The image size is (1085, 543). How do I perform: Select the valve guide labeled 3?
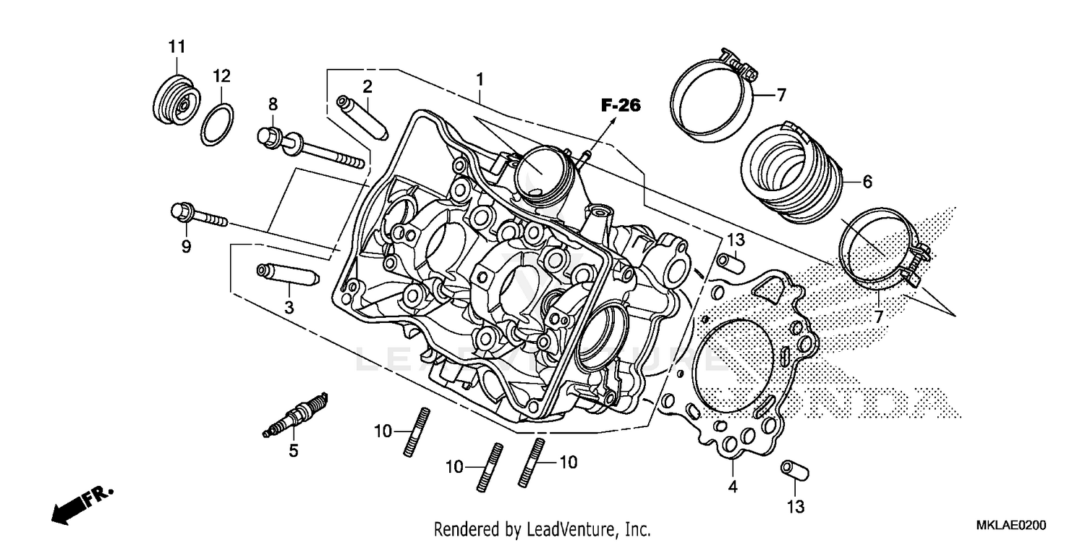pyautogui.click(x=287, y=275)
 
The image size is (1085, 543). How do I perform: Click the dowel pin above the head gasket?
pyautogui.click(x=731, y=261)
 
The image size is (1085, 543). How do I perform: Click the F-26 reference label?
pyautogui.click(x=620, y=106)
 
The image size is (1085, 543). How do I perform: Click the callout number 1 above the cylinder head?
pyautogui.click(x=480, y=77)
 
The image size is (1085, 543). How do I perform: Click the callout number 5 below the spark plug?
pyautogui.click(x=293, y=451)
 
